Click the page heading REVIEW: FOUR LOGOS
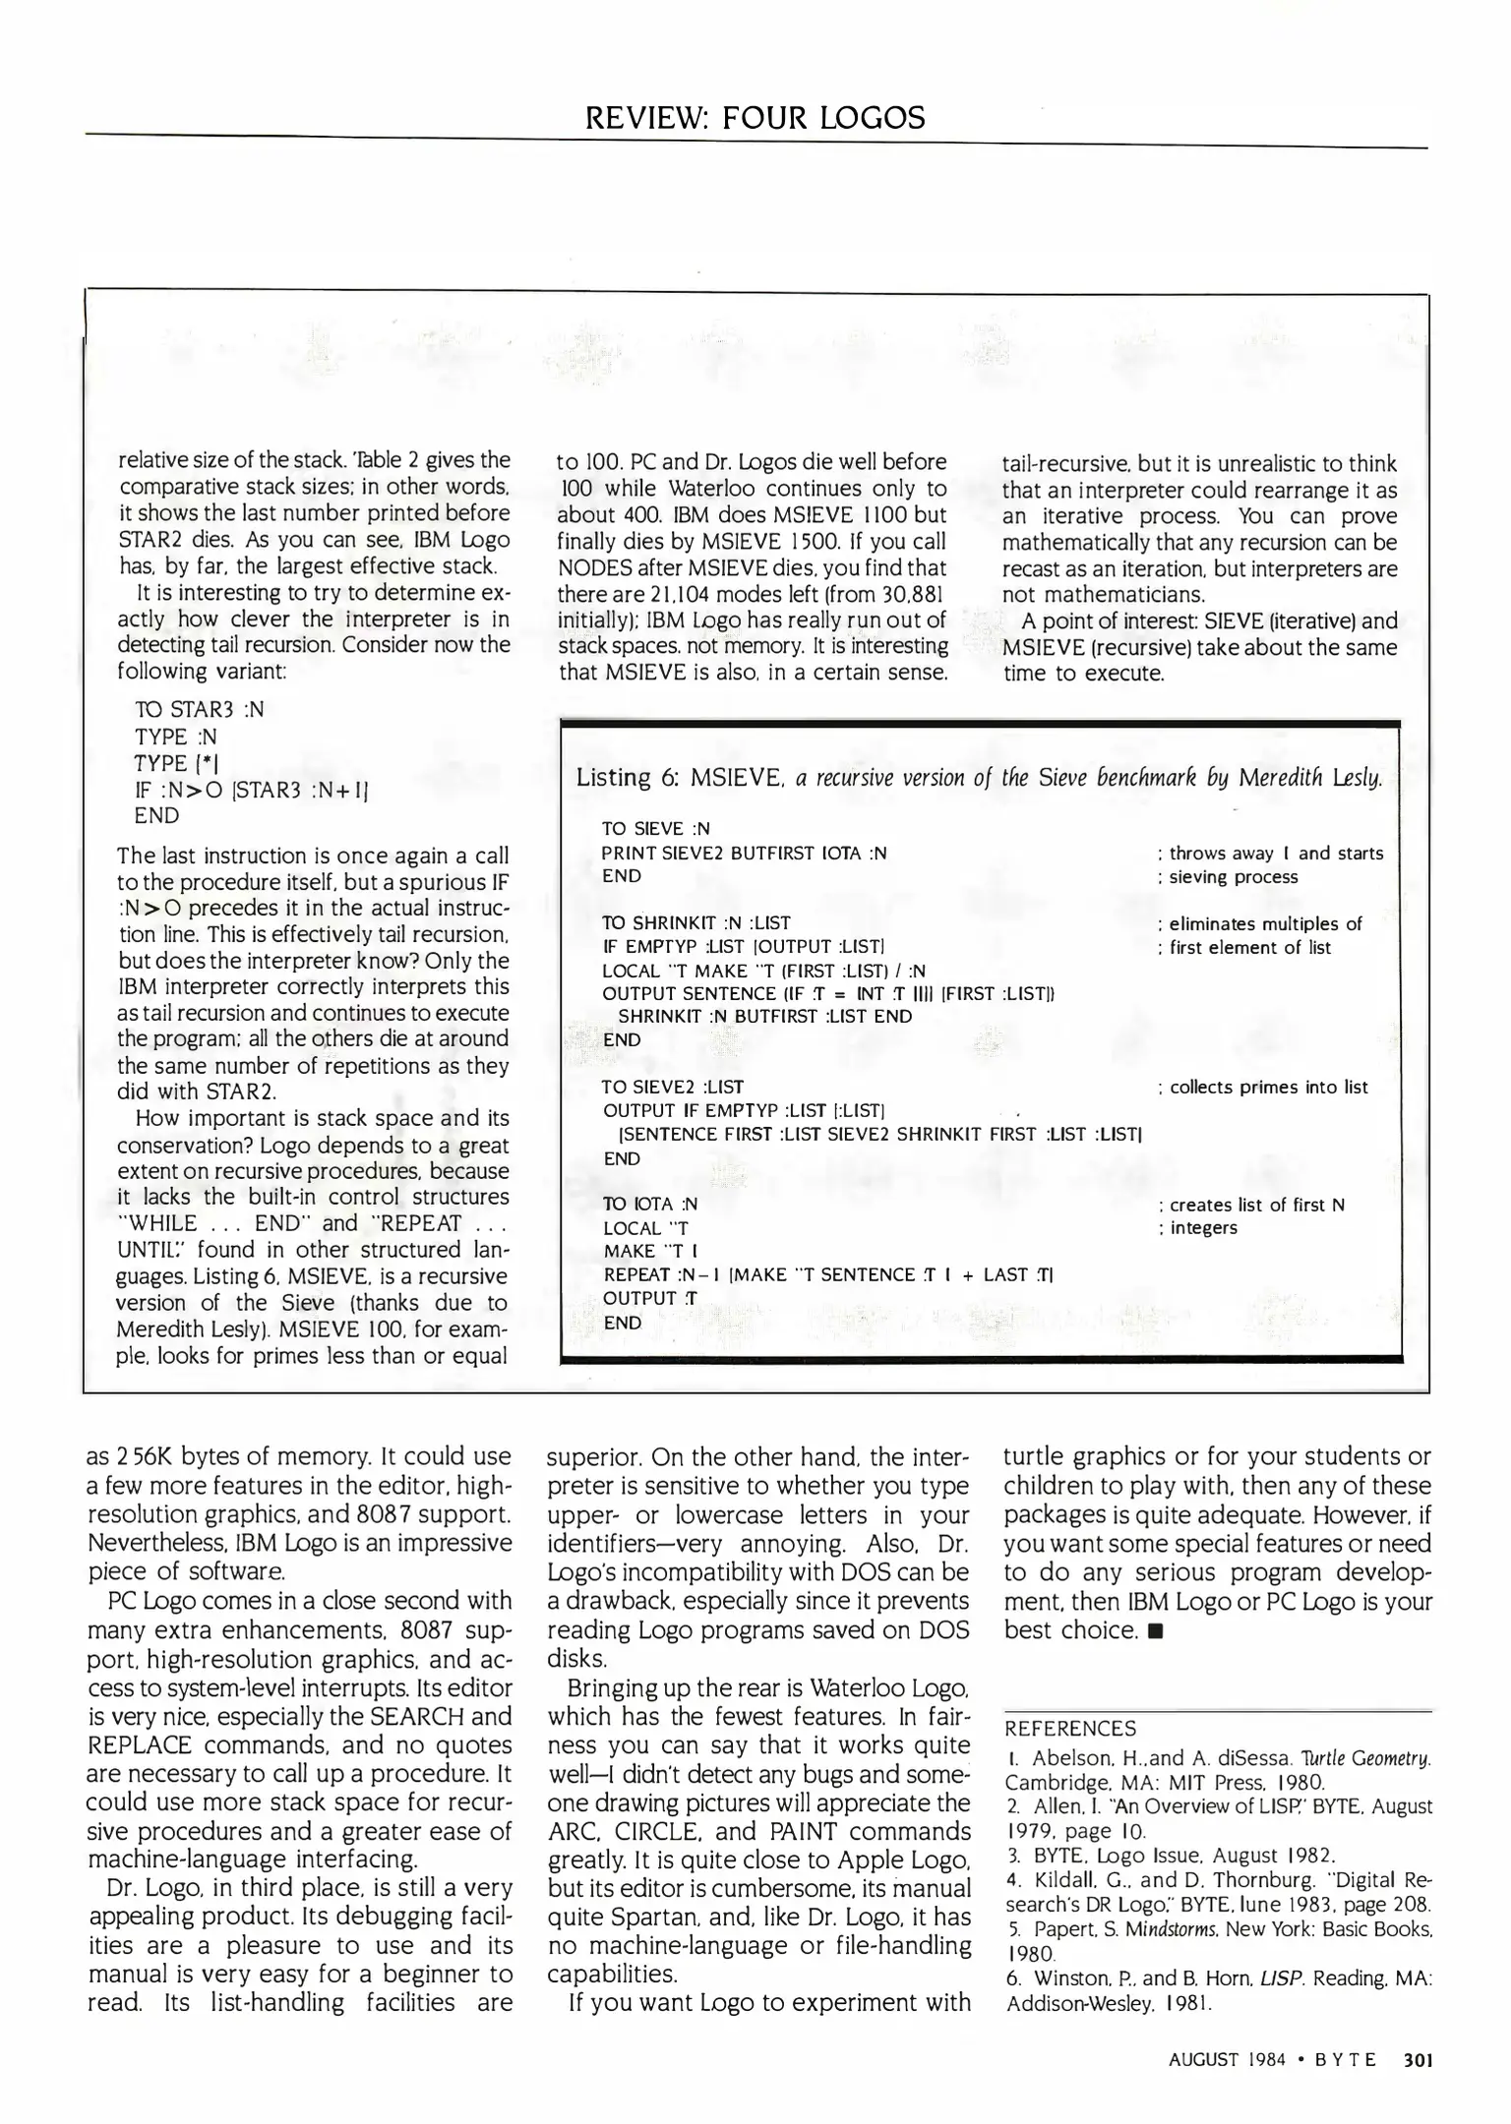(x=755, y=118)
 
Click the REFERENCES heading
(x=1069, y=1729)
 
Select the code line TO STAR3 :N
(x=199, y=710)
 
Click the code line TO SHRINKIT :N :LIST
(x=695, y=922)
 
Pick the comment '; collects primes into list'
(x=1263, y=1087)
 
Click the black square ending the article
(x=1157, y=1631)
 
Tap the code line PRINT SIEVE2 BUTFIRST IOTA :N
(x=745, y=853)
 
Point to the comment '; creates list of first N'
(x=1251, y=1205)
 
